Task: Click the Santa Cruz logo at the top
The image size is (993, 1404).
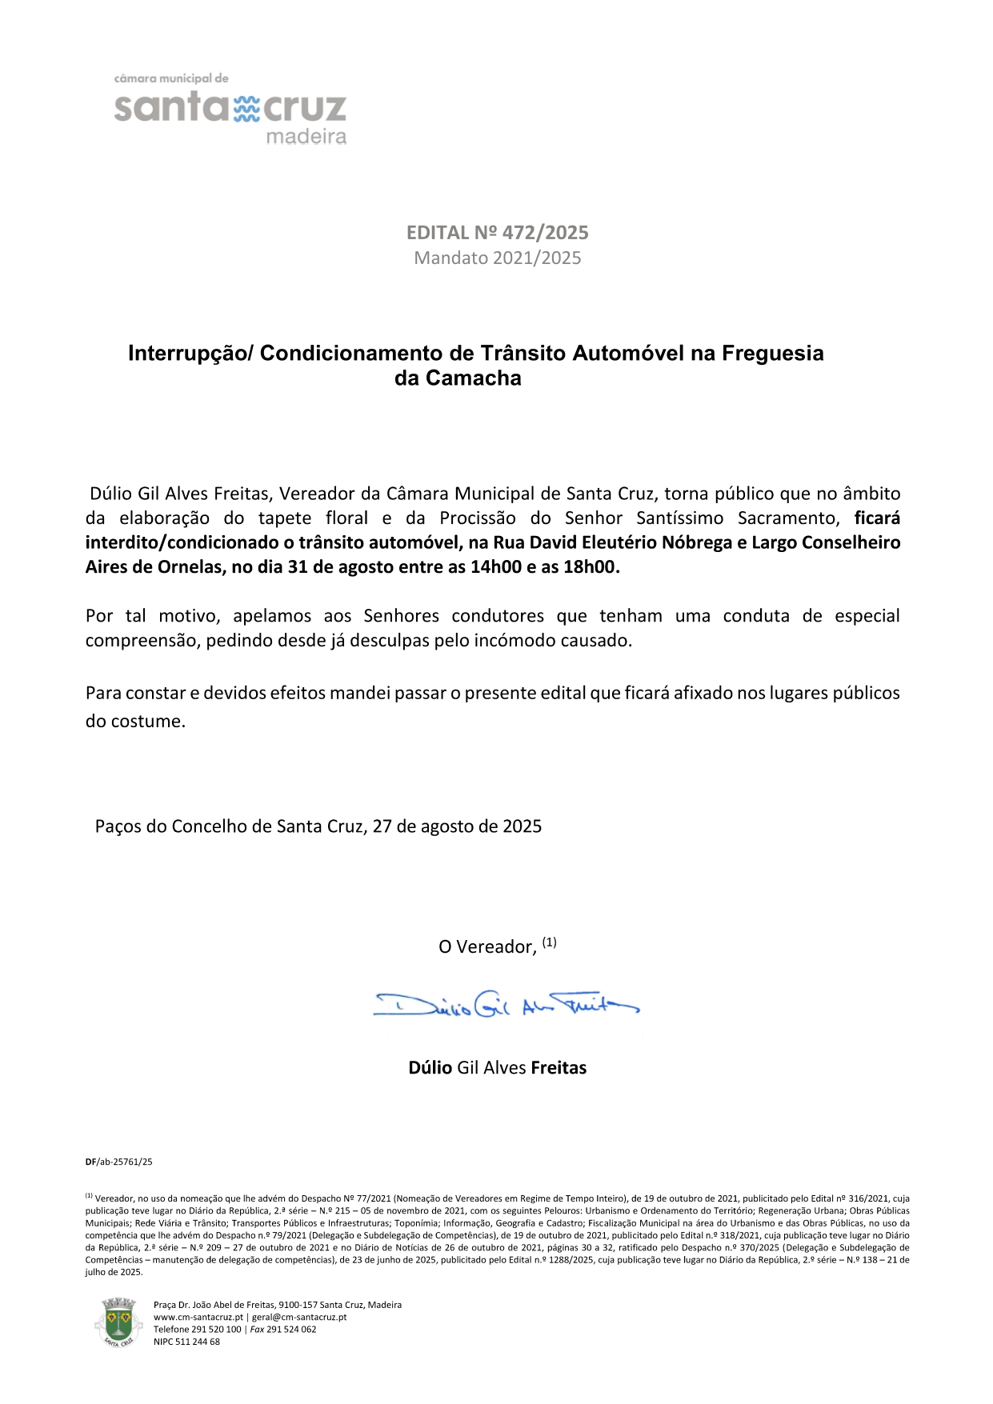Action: click(230, 109)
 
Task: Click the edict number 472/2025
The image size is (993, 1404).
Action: click(544, 233)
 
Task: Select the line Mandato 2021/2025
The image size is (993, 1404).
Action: click(497, 258)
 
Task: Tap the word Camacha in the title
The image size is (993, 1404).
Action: click(473, 378)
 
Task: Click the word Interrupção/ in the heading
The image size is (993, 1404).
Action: click(190, 354)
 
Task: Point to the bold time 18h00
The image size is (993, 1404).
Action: click(591, 568)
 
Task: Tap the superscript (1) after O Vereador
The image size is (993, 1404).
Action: click(549, 942)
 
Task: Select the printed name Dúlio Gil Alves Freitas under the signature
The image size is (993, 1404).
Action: click(497, 1068)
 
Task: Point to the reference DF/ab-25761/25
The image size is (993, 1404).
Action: click(118, 1162)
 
